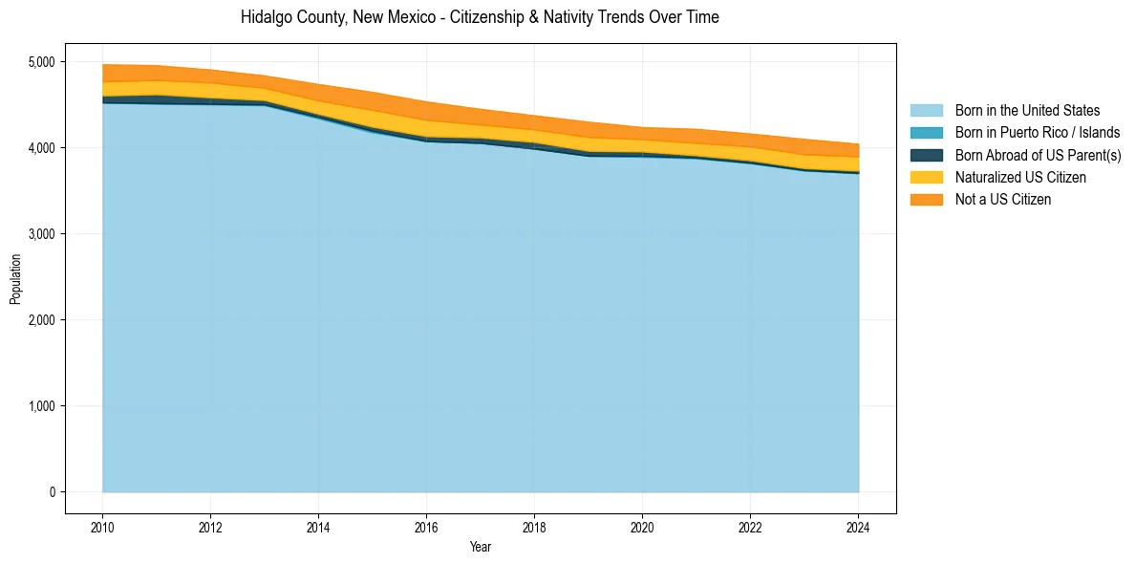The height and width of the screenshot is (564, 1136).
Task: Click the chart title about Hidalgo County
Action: coord(480,17)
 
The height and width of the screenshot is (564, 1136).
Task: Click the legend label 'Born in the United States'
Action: coord(1027,111)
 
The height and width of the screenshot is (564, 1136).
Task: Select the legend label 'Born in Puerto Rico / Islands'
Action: coord(1038,133)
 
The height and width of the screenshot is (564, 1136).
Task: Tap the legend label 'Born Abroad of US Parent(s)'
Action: coord(1038,155)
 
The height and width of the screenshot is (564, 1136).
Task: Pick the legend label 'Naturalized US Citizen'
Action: coord(1020,177)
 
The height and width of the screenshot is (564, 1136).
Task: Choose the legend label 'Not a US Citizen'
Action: coord(1003,199)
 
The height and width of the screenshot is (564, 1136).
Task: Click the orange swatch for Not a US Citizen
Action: coord(926,199)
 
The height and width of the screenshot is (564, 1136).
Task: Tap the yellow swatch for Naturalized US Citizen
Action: coord(926,177)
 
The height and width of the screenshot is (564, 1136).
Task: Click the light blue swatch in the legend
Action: coord(926,111)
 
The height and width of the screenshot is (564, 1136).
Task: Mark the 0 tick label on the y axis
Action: coord(53,492)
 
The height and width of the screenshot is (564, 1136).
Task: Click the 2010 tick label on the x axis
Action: coord(102,527)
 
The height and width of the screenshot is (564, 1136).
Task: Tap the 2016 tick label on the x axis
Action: coord(426,527)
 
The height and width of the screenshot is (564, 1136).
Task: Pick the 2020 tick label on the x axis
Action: coord(642,527)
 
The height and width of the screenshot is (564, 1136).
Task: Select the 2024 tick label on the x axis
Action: coord(858,527)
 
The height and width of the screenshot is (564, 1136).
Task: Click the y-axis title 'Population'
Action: coord(15,279)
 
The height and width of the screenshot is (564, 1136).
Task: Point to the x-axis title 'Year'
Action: coord(481,547)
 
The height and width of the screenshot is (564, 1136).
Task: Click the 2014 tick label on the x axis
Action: coord(318,527)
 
